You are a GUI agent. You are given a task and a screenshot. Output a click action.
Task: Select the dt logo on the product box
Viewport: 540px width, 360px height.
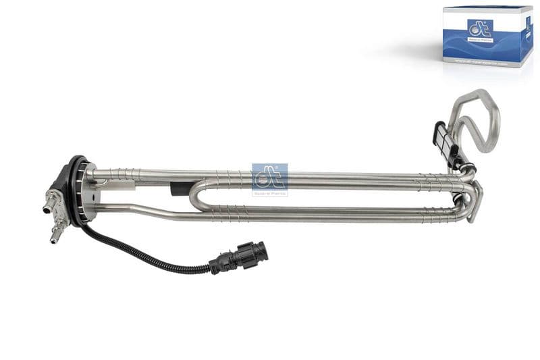point(480,28)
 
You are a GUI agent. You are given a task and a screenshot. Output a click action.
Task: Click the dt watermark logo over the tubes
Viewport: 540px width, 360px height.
point(269,176)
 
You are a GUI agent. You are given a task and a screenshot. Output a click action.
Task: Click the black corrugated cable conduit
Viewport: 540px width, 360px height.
point(148,257)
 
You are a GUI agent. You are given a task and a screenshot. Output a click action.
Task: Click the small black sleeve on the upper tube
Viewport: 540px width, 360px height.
point(177,188)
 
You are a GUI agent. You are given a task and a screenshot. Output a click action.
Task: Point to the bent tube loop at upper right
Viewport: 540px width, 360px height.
point(479,118)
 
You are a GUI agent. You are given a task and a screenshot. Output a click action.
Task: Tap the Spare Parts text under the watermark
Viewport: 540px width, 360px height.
point(269,193)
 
